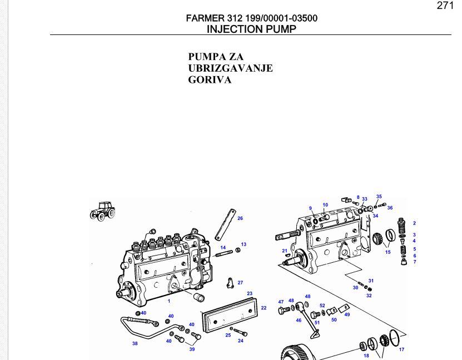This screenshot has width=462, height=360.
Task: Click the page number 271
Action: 445,6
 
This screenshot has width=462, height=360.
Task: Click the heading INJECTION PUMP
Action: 251,29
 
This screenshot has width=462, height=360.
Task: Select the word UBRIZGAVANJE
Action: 230,68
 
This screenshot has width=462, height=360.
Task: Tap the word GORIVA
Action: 210,80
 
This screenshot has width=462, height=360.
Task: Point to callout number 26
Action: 240,218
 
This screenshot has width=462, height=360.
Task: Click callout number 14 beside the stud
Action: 223,248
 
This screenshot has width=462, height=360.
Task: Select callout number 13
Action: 244,244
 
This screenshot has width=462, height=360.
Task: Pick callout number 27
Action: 240,283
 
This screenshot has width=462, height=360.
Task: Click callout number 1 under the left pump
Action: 169,301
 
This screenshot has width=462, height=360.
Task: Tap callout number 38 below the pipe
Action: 135,343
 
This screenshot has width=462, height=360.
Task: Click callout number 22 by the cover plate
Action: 264,308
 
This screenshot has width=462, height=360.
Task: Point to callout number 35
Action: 379,196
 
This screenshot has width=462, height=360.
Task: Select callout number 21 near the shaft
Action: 285,251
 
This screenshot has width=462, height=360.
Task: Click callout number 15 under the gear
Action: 388,252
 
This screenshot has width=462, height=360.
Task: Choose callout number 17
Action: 401,349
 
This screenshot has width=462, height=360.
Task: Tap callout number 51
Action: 317,322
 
